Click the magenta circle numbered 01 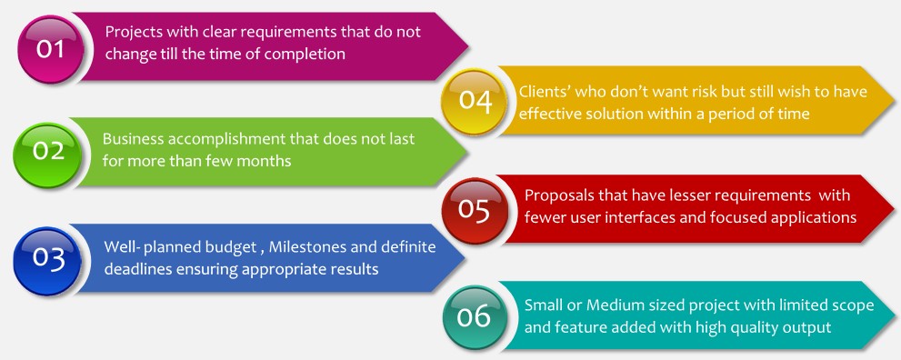tap(51, 50)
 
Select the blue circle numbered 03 tap(47, 261)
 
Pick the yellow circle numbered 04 tap(475, 102)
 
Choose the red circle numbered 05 tap(474, 210)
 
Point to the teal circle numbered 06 tap(475, 317)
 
